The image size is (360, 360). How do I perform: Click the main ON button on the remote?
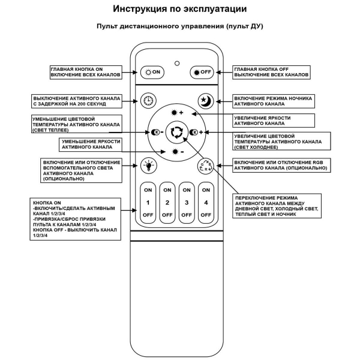pos(151,72)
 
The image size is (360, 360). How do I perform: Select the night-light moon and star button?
pos(205,101)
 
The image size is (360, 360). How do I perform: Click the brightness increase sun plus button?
pos(176,113)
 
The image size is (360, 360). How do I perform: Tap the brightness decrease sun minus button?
pos(176,152)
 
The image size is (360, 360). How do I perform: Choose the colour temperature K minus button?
pos(157,132)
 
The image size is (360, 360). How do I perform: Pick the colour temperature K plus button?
pos(195,132)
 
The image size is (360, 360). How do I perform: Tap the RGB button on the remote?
pos(205,166)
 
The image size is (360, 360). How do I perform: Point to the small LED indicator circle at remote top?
pos(176,62)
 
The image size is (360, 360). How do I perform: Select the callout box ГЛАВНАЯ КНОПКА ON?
pos(86,72)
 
